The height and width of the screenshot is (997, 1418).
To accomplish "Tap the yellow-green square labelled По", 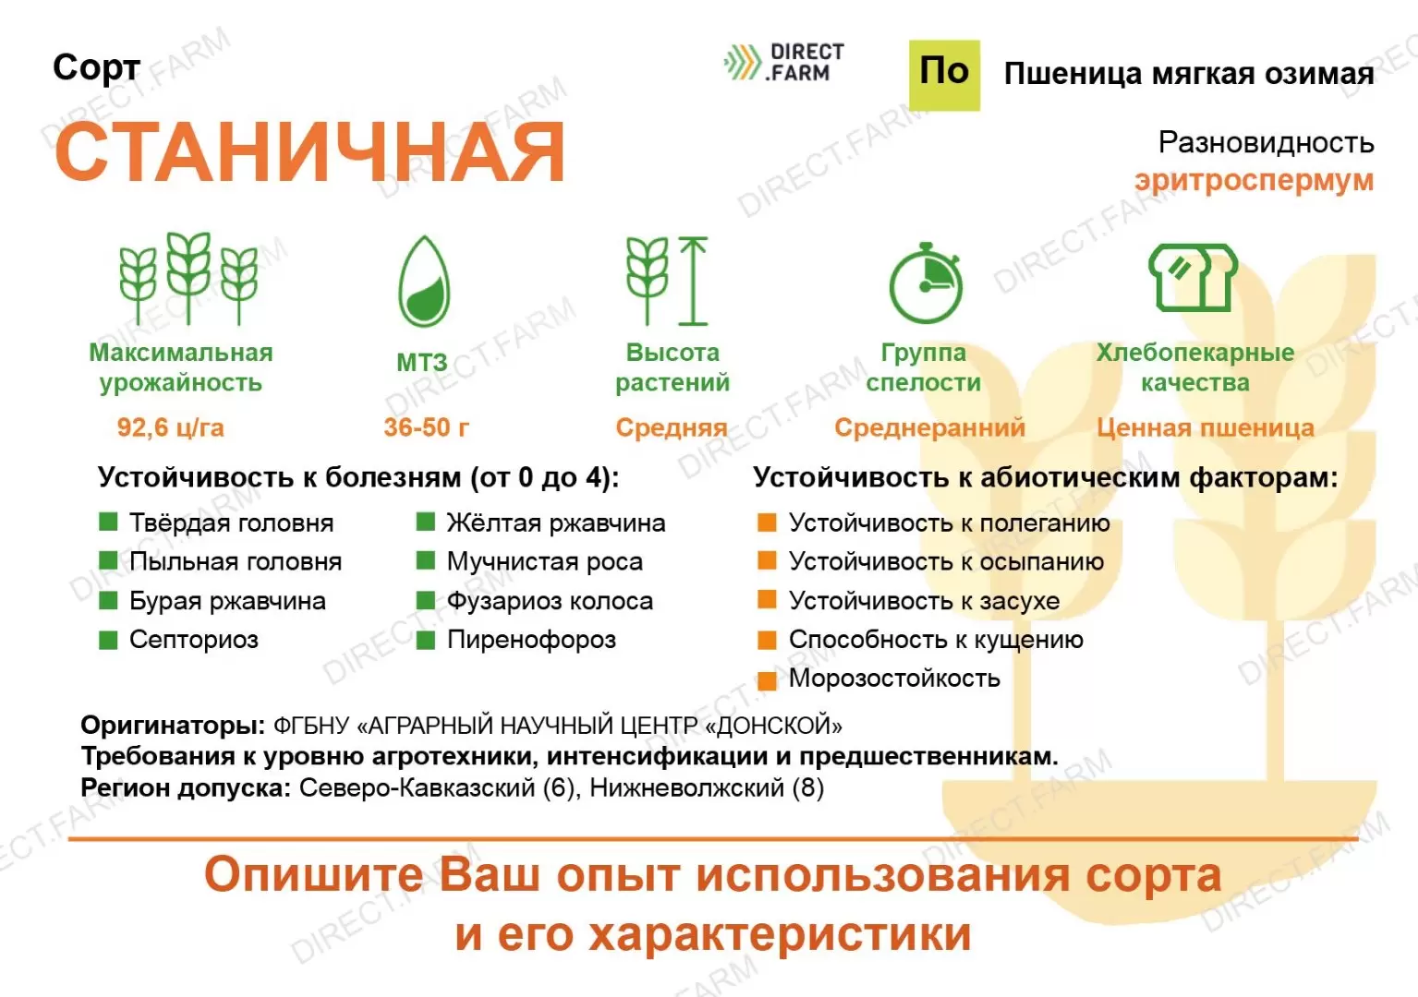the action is coord(944,76).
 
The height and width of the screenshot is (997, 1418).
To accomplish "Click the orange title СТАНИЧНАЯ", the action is coord(309,152).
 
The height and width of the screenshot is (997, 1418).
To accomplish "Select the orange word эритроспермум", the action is coord(1254,181).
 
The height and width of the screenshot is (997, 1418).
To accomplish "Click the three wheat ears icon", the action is coord(188,279).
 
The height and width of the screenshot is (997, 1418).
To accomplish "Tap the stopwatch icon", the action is coord(927,282).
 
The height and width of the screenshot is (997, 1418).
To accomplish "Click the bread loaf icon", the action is coord(1194,278).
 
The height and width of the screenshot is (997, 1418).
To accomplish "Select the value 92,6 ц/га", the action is coord(170,427).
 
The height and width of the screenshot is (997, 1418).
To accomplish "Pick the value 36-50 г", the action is coord(426,427).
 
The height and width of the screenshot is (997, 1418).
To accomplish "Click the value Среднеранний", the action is coord(929,427).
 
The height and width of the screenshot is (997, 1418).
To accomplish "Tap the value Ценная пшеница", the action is coord(1206,427).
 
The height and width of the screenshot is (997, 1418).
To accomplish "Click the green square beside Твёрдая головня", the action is coord(108,522).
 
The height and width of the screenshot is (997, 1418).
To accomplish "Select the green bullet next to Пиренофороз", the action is coord(425,641).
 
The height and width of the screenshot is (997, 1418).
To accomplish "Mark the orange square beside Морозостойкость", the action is coord(768,680).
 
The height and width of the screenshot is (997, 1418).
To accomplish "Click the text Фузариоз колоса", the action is coord(550,601).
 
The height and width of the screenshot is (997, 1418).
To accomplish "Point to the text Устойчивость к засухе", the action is coord(924,601).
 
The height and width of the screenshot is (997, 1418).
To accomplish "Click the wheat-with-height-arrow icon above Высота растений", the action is coord(667,281).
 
